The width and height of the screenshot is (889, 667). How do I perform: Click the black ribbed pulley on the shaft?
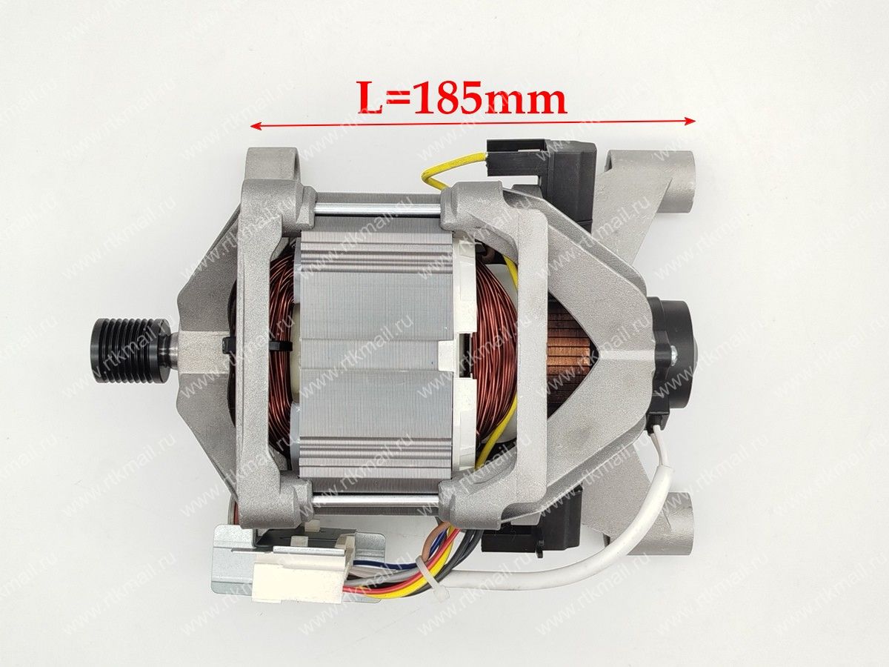pos(132,348)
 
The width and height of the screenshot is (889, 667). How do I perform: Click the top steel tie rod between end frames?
pos(376,210)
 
